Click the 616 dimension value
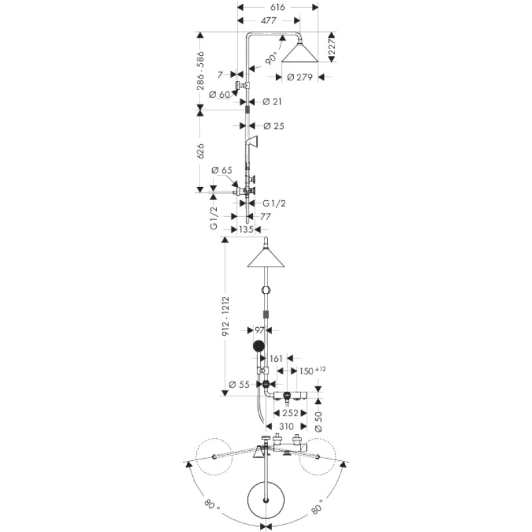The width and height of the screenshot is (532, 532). click(278, 7)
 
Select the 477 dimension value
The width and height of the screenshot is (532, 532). click(269, 21)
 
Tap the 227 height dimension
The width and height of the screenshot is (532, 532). click(331, 47)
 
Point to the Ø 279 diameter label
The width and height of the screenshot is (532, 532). click(300, 77)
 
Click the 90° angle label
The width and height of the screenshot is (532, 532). click(272, 58)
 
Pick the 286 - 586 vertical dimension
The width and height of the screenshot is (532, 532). click(201, 71)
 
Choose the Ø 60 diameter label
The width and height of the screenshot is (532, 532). click(219, 94)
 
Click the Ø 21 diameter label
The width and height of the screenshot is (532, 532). click(272, 102)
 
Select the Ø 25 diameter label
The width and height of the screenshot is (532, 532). click(273, 126)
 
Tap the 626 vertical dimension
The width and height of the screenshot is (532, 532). click(200, 151)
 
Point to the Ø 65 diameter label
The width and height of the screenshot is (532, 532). click(221, 170)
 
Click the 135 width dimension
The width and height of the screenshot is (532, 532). click(246, 229)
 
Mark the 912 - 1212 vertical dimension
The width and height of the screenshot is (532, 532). click(225, 317)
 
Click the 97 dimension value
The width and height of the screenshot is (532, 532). click(259, 330)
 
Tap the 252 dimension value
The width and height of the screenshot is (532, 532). click(290, 413)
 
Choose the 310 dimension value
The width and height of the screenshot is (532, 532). click(287, 426)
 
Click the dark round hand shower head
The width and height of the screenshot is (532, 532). click(259, 346)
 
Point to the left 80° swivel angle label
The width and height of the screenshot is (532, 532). click(212, 505)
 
